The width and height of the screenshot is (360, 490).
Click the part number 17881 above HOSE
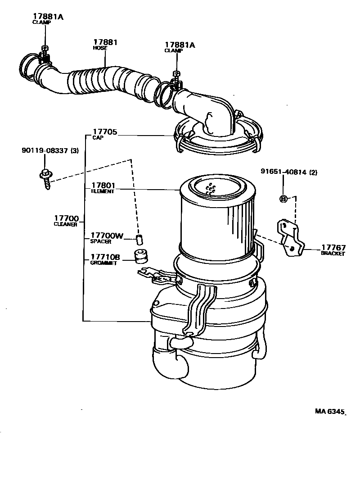pos(105,42)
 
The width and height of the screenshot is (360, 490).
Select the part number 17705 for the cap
pos(104,132)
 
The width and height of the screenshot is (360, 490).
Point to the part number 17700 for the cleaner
pos(66,218)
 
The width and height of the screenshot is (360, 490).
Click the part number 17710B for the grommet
pos(105,257)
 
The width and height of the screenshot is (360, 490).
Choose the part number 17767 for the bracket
pos(333,248)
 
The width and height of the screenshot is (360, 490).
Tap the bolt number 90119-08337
pos(45,151)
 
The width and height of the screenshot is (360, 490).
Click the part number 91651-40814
pos(283,172)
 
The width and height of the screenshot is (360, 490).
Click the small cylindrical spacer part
pos(139,238)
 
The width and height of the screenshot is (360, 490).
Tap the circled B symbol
pos(283,199)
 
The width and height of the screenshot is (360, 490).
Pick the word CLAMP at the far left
pos(41,22)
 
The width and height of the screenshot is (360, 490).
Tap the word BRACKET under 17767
pos(333,254)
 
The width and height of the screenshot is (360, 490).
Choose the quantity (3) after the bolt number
pos(74,151)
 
